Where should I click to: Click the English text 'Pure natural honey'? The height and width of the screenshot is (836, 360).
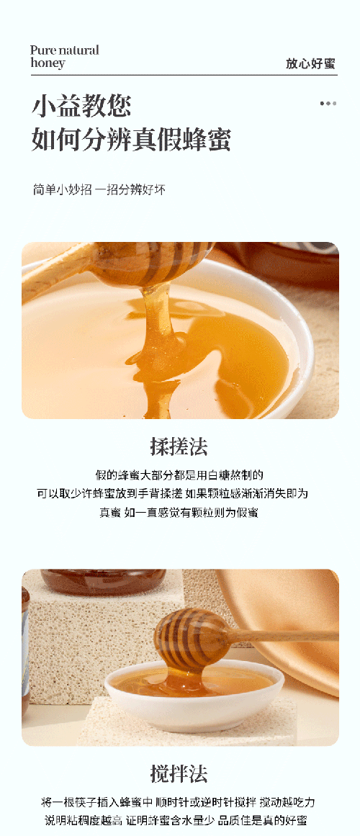pos(64,56)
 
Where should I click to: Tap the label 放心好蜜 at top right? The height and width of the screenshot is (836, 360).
pos(310,63)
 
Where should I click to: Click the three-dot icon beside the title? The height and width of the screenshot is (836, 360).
pos(328,104)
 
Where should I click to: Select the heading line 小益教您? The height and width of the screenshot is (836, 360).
pos(81,107)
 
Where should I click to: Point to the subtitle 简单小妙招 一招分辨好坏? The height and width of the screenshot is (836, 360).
pos(99,190)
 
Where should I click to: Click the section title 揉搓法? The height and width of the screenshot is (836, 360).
pos(179,446)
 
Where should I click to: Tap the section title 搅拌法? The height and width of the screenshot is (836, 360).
pos(179,774)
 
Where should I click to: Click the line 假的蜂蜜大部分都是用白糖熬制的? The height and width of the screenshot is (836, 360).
pos(179,475)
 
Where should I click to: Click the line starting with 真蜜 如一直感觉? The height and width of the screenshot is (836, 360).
pos(179,513)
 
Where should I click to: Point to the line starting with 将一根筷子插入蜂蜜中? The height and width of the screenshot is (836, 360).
pos(179,802)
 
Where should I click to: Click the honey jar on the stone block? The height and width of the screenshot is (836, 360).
pos(103,582)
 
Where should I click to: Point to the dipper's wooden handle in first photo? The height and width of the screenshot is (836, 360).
pos(58,270)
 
